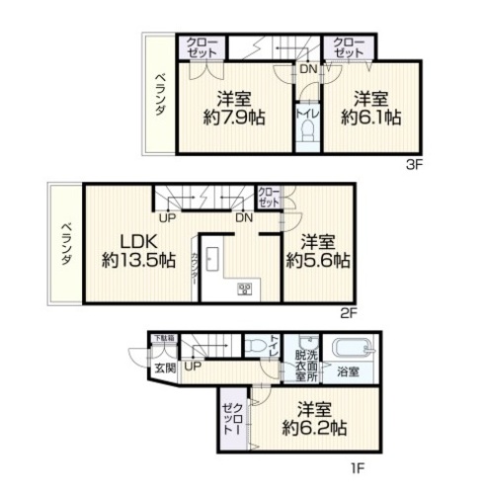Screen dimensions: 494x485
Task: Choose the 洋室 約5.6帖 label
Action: point(316,251)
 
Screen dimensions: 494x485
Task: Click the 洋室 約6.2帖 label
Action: point(312,419)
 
